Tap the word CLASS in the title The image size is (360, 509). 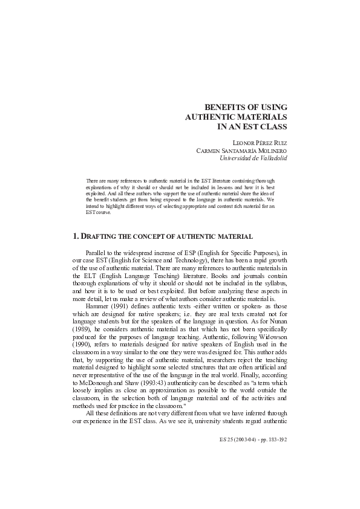274,126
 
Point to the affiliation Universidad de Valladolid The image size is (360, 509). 254,158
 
